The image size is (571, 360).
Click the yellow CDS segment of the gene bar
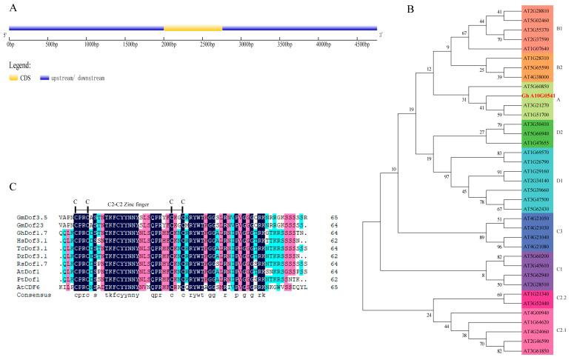point(193,28)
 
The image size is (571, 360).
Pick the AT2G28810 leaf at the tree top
point(519,11)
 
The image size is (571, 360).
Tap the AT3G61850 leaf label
point(519,349)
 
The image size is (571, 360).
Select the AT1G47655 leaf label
point(519,141)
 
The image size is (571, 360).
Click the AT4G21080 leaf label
point(519,246)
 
